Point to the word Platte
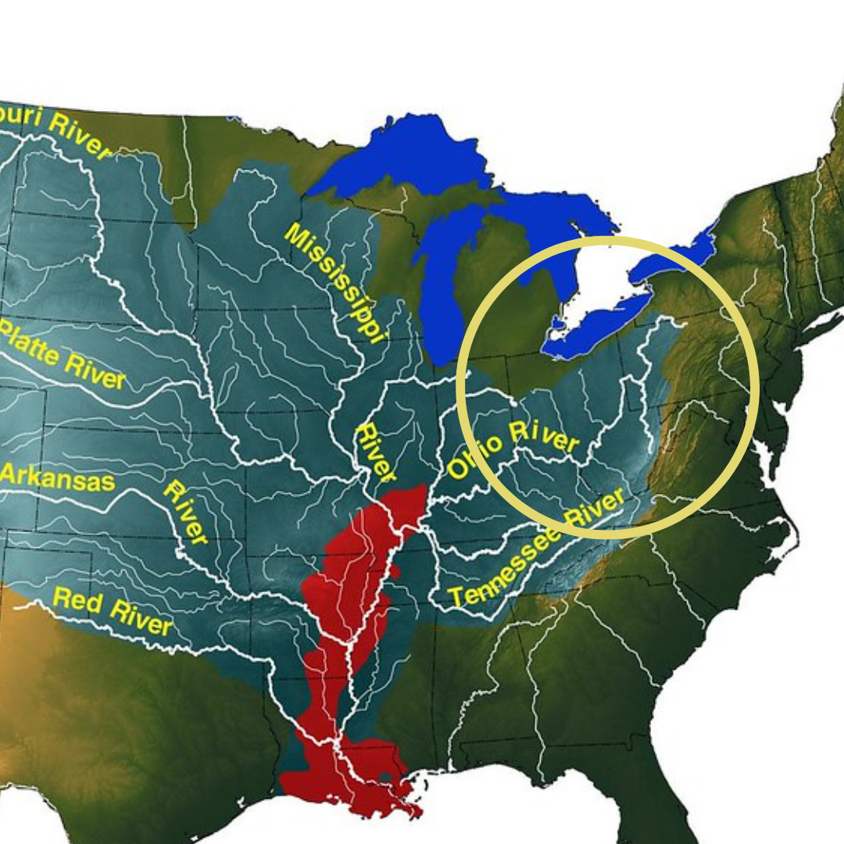31,345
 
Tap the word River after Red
140,617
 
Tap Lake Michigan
442,289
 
